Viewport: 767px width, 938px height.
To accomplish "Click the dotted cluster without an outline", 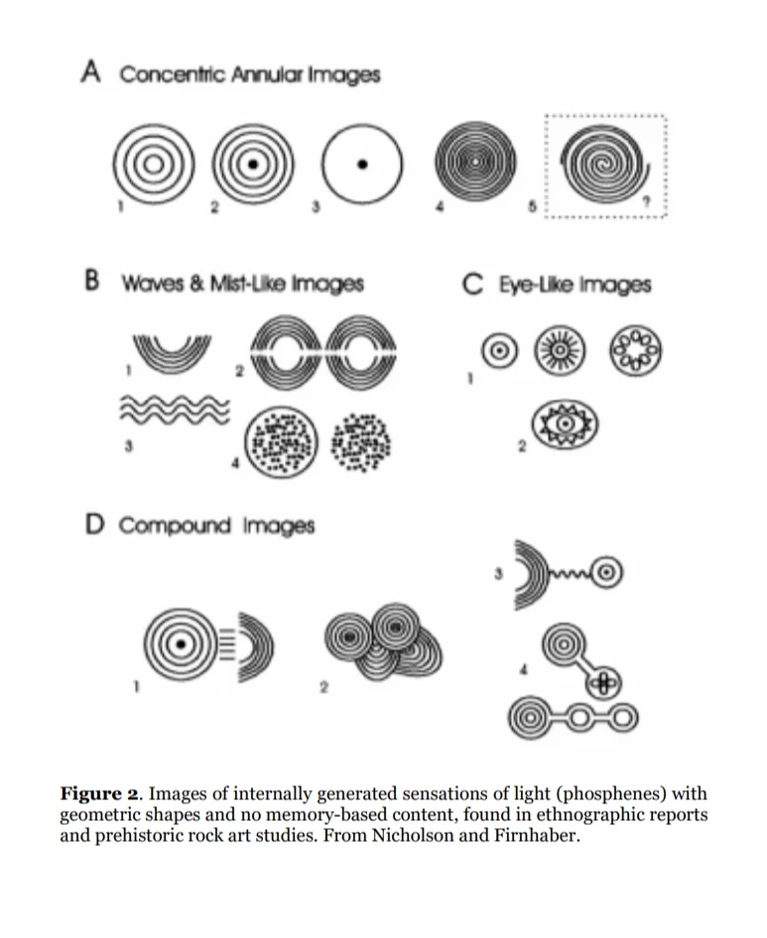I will [361, 437].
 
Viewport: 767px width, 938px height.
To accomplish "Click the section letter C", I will [472, 284].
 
